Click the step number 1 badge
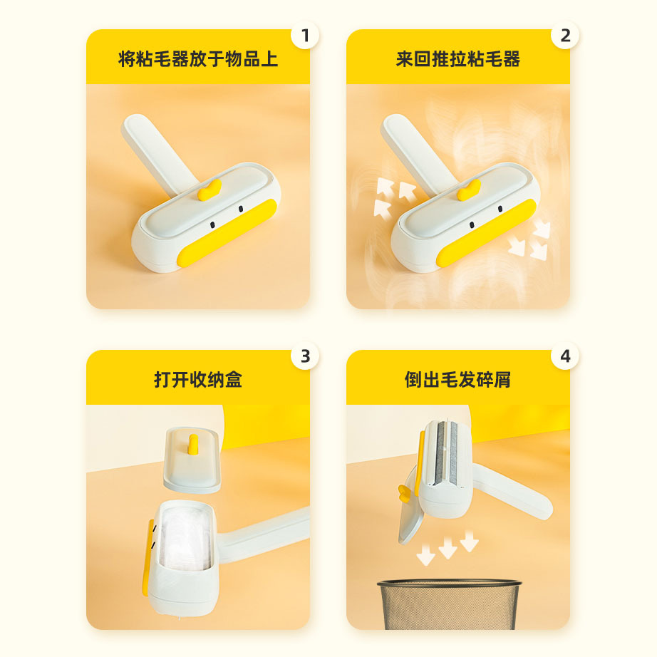pos(306,36)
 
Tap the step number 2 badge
pos(565,36)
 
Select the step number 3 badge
pos(306,356)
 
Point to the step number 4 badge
pos(565,356)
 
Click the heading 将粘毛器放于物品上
pos(198,59)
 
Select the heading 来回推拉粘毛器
pos(458,59)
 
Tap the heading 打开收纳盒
pos(198,379)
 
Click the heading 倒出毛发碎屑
pos(458,379)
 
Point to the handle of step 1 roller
pos(153,146)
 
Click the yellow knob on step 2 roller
pos(469,191)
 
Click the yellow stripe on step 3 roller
pos(147,556)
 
